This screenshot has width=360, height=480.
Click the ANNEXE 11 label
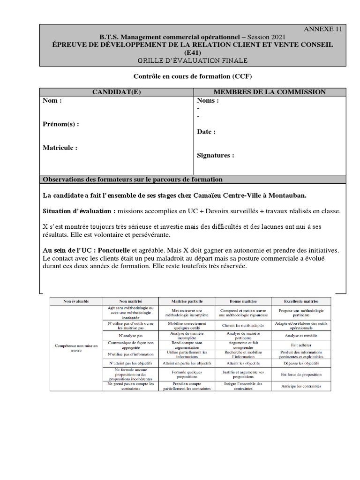click(x=323, y=29)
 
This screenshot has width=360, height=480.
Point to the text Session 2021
click(x=264, y=37)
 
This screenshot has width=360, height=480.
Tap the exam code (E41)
click(x=194, y=52)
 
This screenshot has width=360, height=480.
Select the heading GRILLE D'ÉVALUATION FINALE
click(x=193, y=60)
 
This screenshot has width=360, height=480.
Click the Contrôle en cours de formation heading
click(x=193, y=76)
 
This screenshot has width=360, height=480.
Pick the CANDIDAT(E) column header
click(x=116, y=92)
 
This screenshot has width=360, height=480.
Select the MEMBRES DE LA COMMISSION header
click(x=270, y=92)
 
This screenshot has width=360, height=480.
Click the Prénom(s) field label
click(x=61, y=124)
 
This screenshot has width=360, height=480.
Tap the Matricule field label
click(x=60, y=148)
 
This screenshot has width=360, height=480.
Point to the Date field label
click(x=206, y=132)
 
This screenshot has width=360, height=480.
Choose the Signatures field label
click(x=216, y=156)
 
